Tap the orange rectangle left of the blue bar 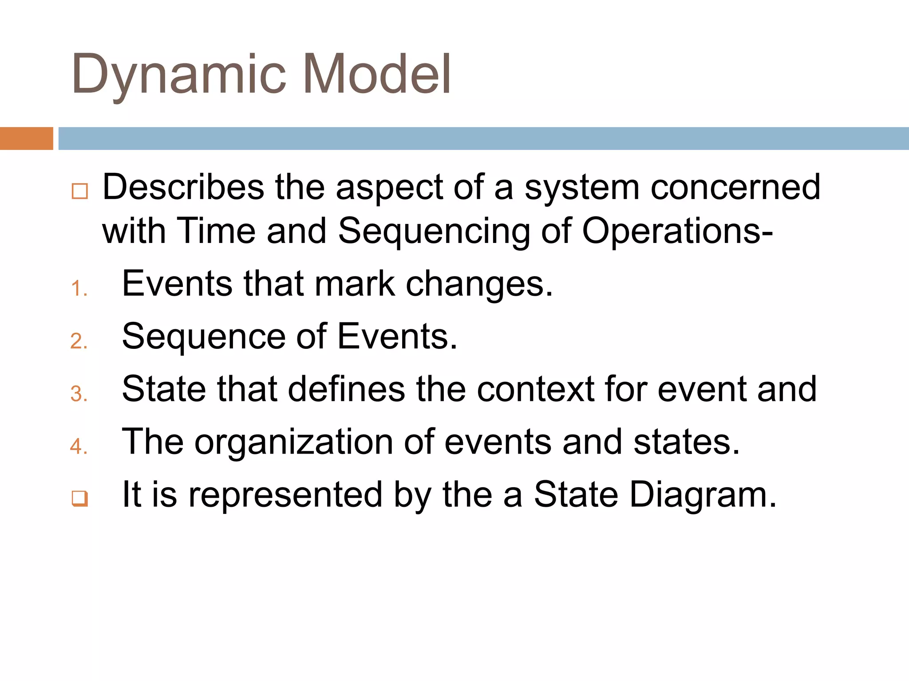coord(26,138)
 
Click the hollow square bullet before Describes coord(79,192)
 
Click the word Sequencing coord(434,231)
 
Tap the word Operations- coord(677,231)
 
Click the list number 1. coord(78,289)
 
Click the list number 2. coord(78,341)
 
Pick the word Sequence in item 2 coord(204,337)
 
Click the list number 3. coord(78,394)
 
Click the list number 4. coord(78,446)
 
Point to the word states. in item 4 coord(687,442)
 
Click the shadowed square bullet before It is coord(79,499)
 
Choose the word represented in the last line coord(285,495)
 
